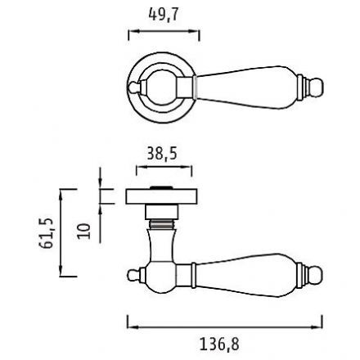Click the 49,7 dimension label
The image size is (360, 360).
pos(163,15)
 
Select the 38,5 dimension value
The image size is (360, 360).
pos(162,153)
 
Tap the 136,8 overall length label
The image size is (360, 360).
pos(219,344)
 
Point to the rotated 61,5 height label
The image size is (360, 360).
pos(46,233)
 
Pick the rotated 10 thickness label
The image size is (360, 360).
pos(83,232)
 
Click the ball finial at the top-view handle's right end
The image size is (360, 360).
pos(317,88)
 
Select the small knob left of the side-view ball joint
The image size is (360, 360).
pos(133,275)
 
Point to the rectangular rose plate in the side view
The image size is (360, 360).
pos(161,196)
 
